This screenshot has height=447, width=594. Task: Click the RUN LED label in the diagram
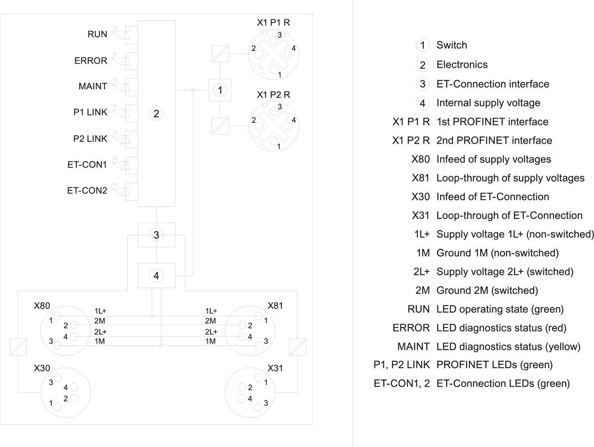[97, 35]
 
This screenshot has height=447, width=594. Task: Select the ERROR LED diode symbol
[126, 60]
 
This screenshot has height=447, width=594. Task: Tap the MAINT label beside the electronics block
[93, 86]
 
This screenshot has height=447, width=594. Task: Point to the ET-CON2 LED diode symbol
[126, 190]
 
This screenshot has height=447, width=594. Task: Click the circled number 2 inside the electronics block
[156, 114]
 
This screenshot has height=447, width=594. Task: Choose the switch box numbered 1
[220, 90]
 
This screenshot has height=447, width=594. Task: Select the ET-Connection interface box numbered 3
[156, 235]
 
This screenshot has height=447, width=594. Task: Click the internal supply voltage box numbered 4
[156, 276]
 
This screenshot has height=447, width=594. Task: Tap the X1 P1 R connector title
[273, 23]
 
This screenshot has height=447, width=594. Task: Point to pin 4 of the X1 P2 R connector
[294, 120]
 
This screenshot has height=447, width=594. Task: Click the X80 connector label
[42, 306]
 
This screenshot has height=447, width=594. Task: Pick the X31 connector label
[275, 369]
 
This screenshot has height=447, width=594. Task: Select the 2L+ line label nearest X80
[100, 332]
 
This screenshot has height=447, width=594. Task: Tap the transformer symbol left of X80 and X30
[17, 347]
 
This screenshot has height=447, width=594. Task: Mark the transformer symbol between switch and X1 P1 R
[219, 54]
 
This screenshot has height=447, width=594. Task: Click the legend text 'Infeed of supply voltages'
[494, 159]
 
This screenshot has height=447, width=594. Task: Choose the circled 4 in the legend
[422, 103]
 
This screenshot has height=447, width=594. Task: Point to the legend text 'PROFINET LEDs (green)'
[494, 365]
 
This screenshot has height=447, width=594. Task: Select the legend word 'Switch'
[451, 45]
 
